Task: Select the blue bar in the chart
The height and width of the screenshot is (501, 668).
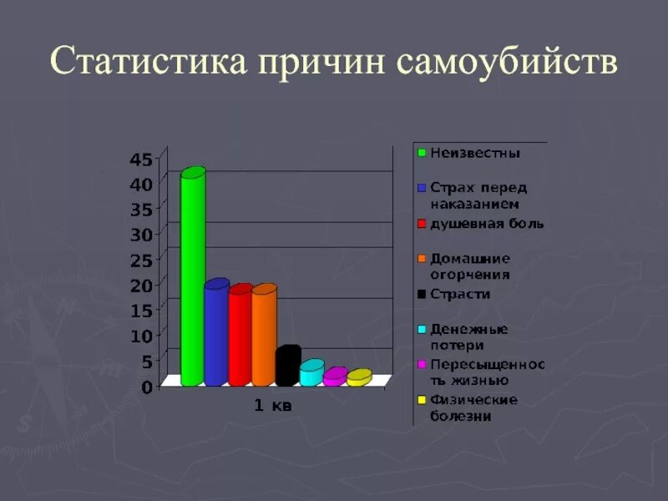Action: tap(216, 334)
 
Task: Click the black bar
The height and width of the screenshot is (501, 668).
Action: tap(286, 367)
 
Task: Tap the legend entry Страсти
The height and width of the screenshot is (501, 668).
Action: tap(460, 294)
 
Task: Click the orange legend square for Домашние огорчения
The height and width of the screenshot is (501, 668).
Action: tap(423, 259)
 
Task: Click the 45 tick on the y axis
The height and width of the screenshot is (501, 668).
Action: tap(140, 159)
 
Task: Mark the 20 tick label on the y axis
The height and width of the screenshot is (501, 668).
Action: tap(140, 285)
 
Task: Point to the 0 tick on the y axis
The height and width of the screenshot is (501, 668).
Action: tap(146, 387)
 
